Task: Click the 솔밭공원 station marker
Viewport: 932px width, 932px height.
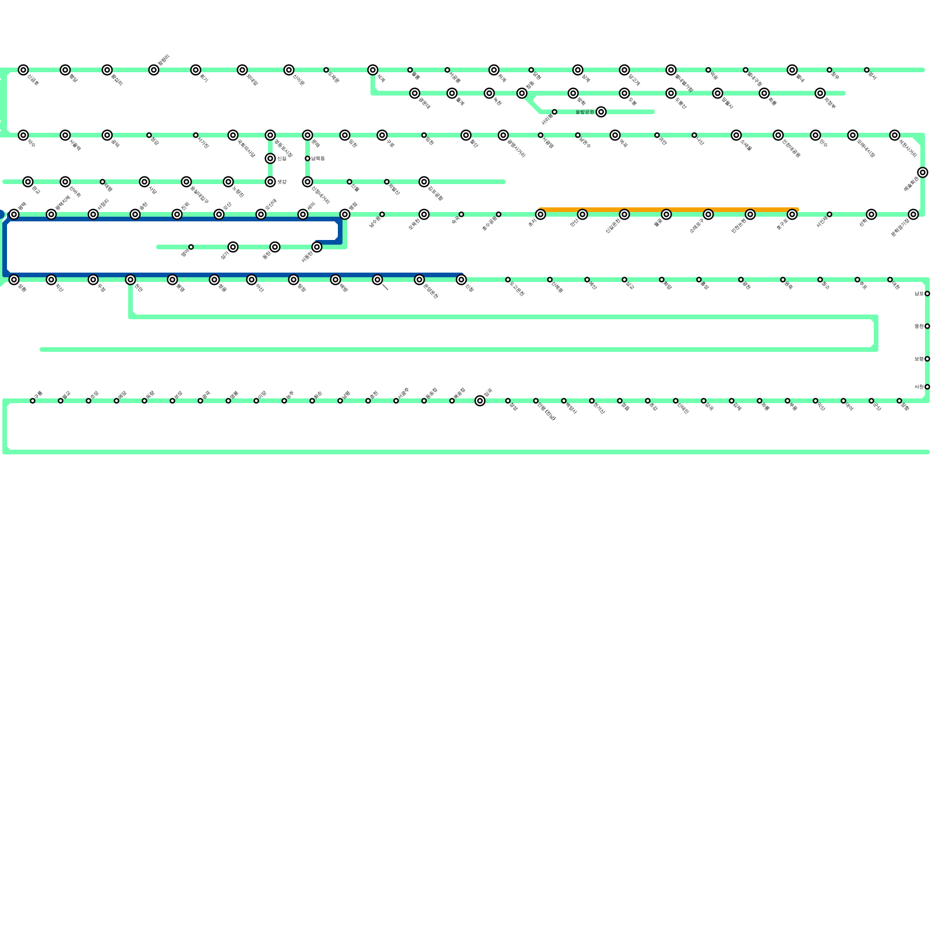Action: (x=601, y=112)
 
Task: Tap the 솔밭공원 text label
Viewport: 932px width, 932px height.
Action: (x=584, y=112)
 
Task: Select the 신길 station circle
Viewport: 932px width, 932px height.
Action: (x=270, y=158)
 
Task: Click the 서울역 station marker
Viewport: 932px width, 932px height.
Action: (x=65, y=135)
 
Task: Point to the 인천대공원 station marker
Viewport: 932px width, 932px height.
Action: (x=778, y=135)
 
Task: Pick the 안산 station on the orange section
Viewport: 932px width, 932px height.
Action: (x=582, y=214)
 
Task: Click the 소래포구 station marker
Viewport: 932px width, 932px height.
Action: (x=708, y=214)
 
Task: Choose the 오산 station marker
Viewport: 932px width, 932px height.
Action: (x=219, y=214)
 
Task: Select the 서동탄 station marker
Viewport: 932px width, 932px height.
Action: (x=317, y=247)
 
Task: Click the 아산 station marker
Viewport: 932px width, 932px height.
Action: (x=252, y=280)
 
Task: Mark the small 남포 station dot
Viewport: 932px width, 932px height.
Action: (x=927, y=294)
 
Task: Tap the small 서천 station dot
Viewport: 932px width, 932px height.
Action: (x=927, y=387)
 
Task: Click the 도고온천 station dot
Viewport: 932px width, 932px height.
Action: (x=508, y=280)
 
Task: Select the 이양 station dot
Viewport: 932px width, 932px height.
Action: (x=256, y=401)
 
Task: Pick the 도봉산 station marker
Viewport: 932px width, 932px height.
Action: (x=671, y=93)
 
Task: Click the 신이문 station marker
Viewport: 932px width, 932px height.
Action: (x=289, y=70)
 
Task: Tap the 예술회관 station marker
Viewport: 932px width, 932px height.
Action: (x=923, y=172)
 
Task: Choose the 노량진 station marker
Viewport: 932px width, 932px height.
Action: (x=228, y=182)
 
